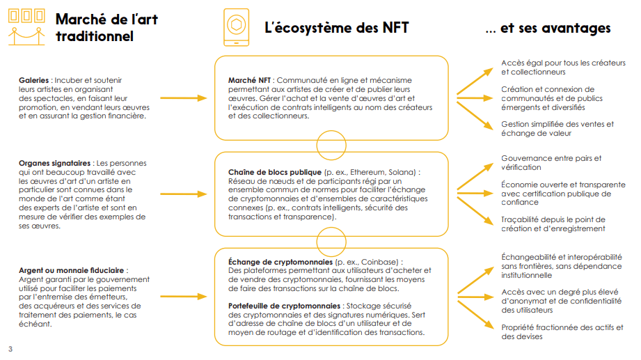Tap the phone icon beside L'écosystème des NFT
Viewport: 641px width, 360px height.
[237, 27]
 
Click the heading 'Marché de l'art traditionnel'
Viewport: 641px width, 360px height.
[106, 27]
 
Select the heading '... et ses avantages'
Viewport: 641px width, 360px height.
[548, 28]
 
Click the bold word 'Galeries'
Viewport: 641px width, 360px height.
[33, 80]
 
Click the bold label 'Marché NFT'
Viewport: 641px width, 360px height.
[250, 81]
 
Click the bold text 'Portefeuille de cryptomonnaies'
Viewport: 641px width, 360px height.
[283, 306]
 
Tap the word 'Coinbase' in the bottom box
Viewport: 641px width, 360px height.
[382, 262]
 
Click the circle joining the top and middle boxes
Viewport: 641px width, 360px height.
[331, 146]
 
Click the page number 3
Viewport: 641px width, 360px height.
[10, 349]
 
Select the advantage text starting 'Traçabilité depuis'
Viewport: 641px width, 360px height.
[553, 224]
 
